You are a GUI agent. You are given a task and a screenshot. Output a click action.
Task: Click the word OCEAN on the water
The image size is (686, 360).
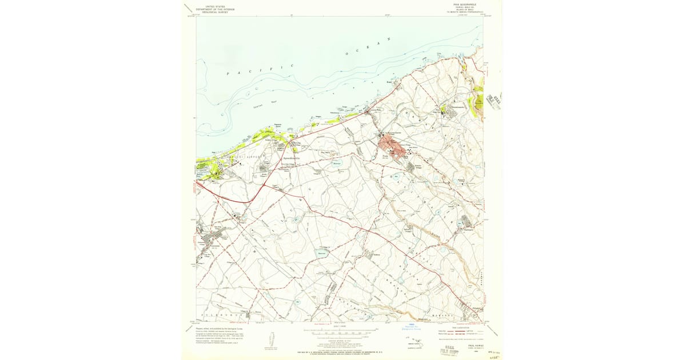click(369, 47)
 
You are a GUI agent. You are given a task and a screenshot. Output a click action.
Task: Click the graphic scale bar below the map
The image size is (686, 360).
click(341, 330)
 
